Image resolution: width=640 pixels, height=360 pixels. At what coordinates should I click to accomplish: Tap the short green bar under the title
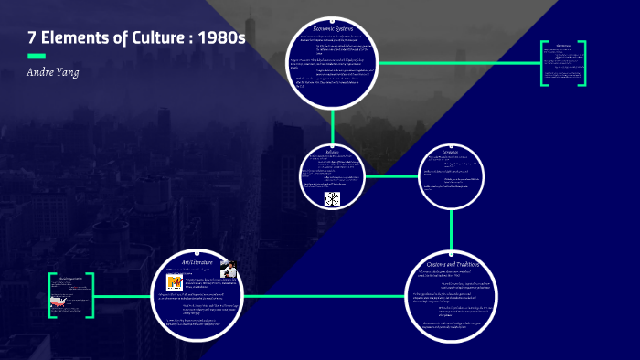tap(37, 57)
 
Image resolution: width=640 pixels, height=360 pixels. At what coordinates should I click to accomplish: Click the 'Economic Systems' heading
tap(334, 30)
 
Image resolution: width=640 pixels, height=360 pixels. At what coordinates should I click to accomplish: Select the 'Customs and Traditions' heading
tap(455, 263)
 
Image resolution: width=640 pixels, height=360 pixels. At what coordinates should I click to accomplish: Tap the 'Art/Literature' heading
tap(197, 264)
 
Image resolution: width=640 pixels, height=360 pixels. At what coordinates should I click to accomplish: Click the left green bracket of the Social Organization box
tap(51, 294)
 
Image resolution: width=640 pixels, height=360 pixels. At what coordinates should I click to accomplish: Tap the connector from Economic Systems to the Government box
tap(457, 62)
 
